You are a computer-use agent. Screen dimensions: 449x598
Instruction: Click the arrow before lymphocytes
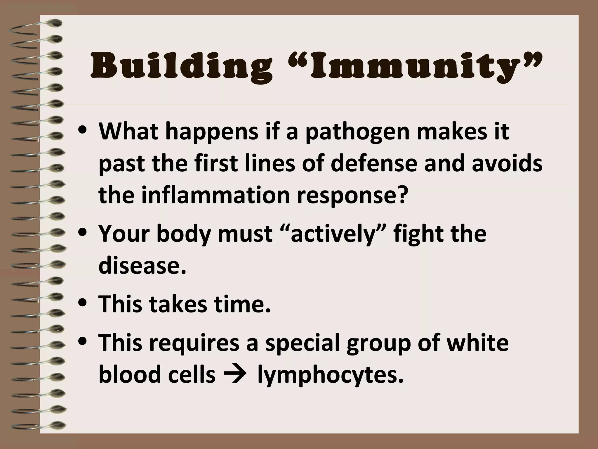pos(236,375)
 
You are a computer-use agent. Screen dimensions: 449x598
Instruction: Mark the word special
pos(303,343)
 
